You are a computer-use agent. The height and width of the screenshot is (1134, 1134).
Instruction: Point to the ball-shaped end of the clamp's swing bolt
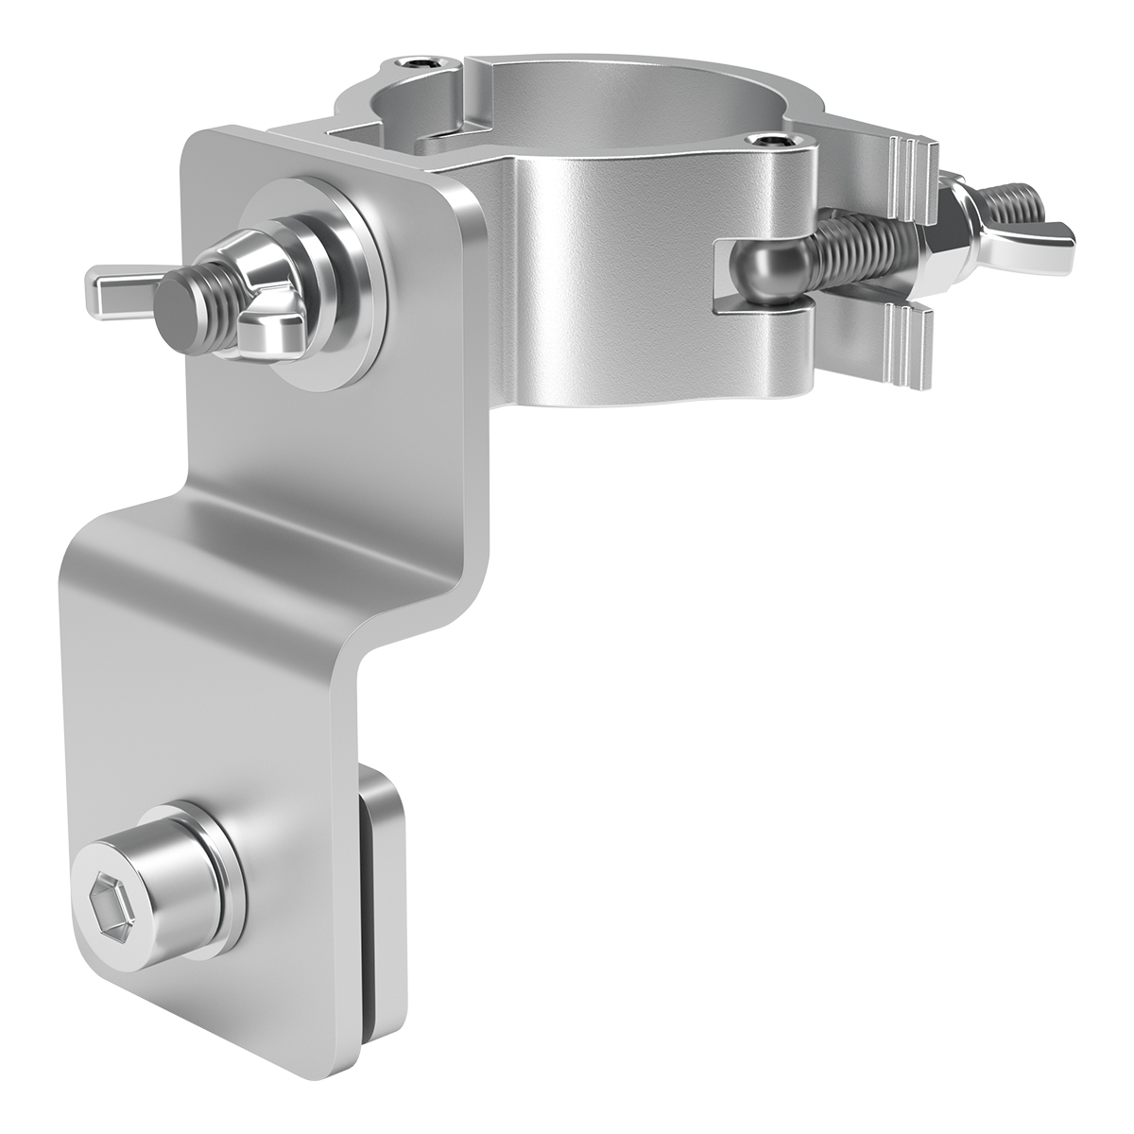click(x=766, y=275)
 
